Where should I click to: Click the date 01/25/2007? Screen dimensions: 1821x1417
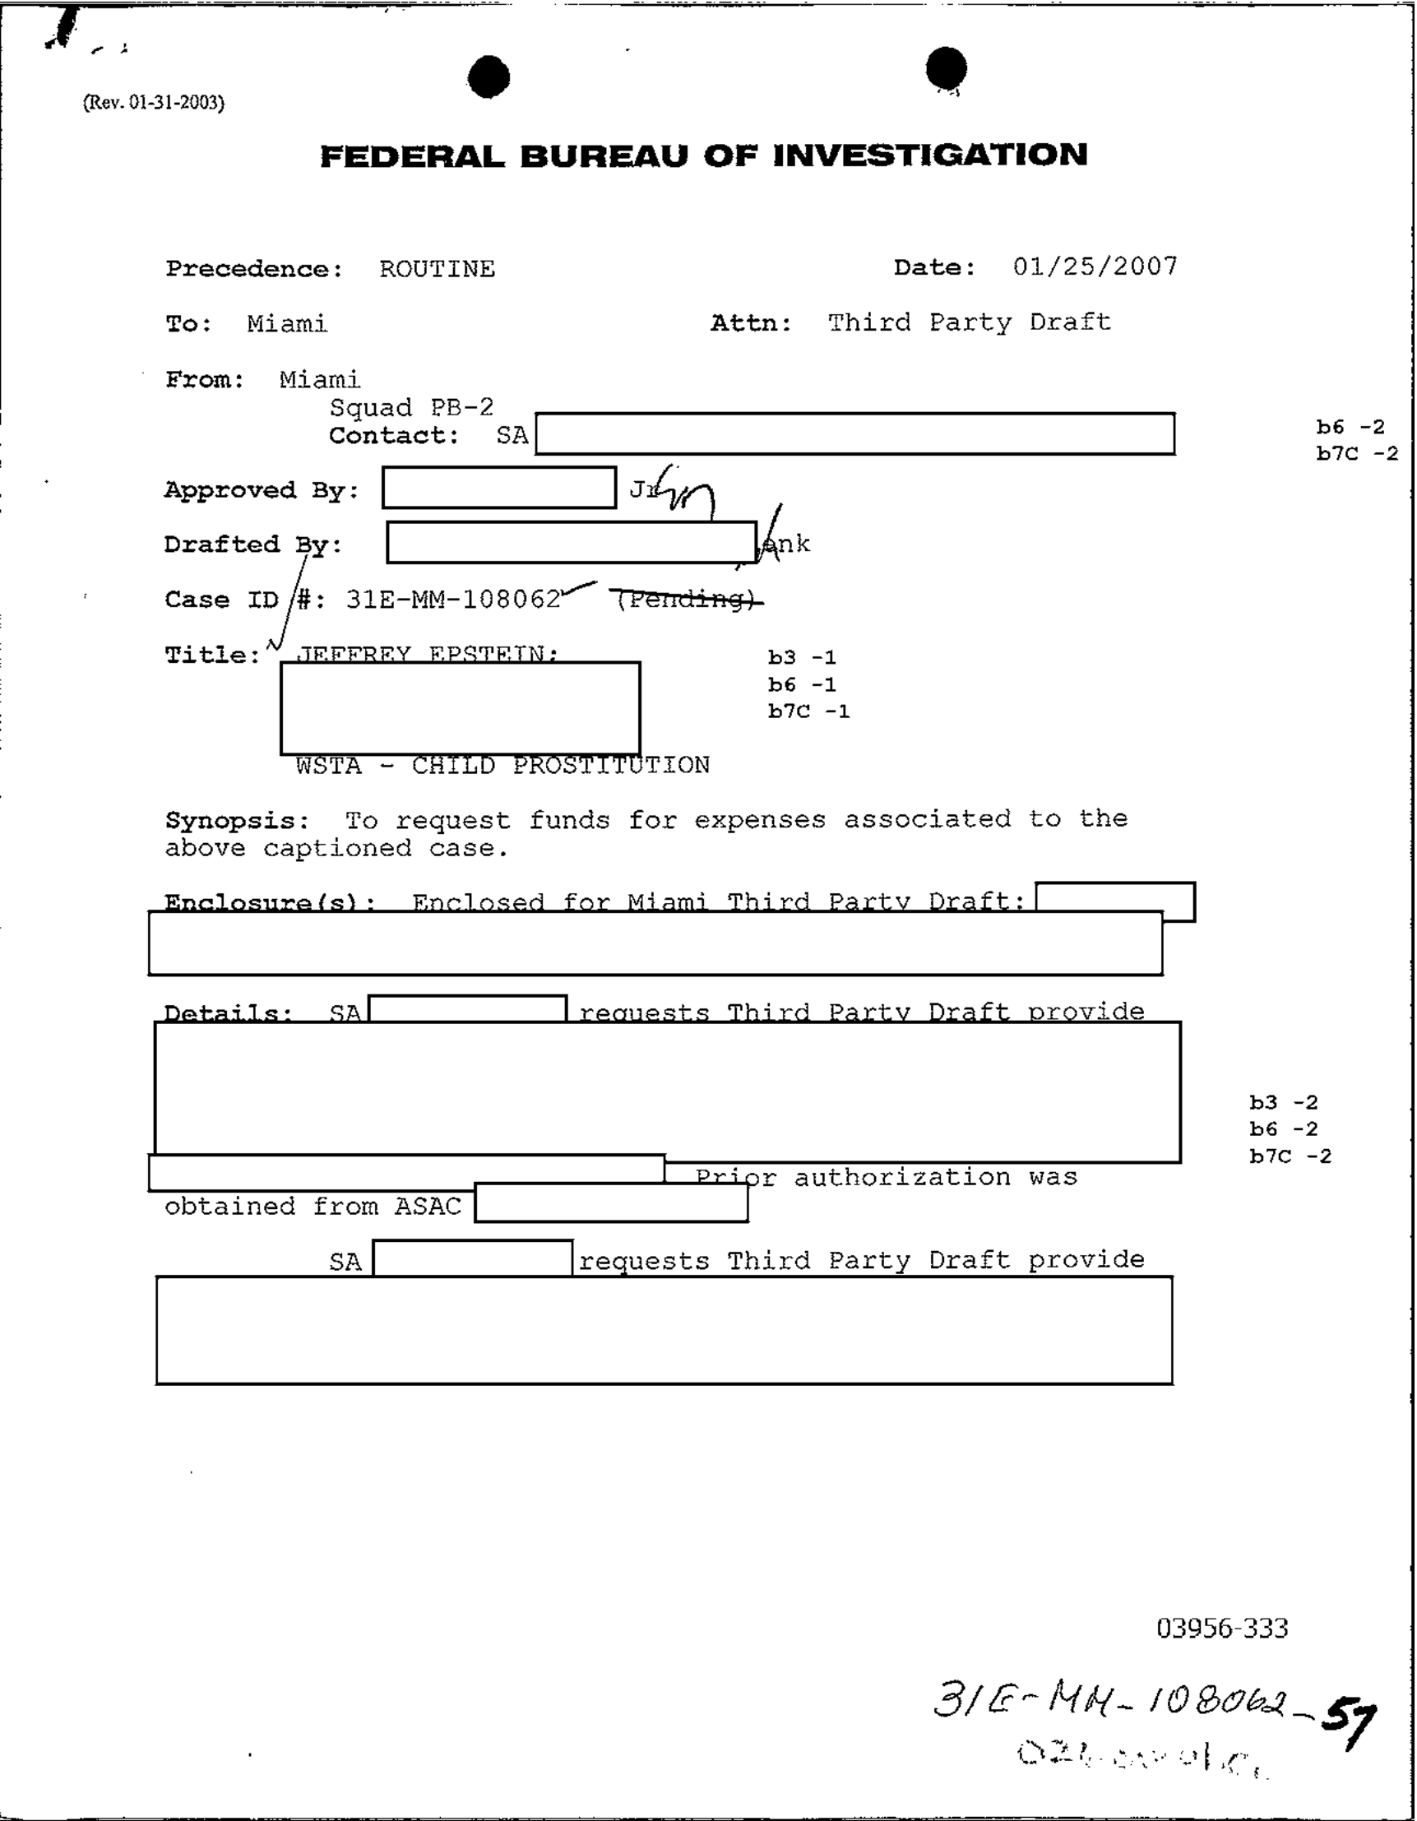point(1095,266)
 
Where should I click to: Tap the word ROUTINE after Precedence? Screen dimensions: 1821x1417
point(437,269)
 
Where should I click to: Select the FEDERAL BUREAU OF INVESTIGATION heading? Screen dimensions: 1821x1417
point(703,156)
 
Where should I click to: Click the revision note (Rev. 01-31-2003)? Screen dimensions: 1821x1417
point(153,103)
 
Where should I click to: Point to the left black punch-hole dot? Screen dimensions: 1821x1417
point(489,76)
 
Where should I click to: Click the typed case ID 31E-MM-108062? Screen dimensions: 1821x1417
point(452,600)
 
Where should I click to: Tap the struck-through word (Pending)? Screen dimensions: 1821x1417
point(686,600)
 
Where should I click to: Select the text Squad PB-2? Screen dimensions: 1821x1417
point(411,408)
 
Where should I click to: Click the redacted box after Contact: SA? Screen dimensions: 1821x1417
point(854,433)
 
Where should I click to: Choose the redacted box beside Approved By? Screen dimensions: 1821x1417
point(498,488)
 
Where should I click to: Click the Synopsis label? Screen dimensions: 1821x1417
point(236,821)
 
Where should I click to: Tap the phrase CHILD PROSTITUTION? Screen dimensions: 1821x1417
point(560,766)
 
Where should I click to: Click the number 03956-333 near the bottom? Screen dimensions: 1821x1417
point(1221,1628)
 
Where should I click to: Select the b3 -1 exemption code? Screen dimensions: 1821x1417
point(801,658)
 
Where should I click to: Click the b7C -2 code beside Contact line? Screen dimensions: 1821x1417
point(1356,453)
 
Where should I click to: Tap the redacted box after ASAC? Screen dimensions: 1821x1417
point(610,1202)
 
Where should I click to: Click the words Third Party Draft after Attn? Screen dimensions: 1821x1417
point(969,322)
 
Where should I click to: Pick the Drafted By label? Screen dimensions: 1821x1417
point(252,544)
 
